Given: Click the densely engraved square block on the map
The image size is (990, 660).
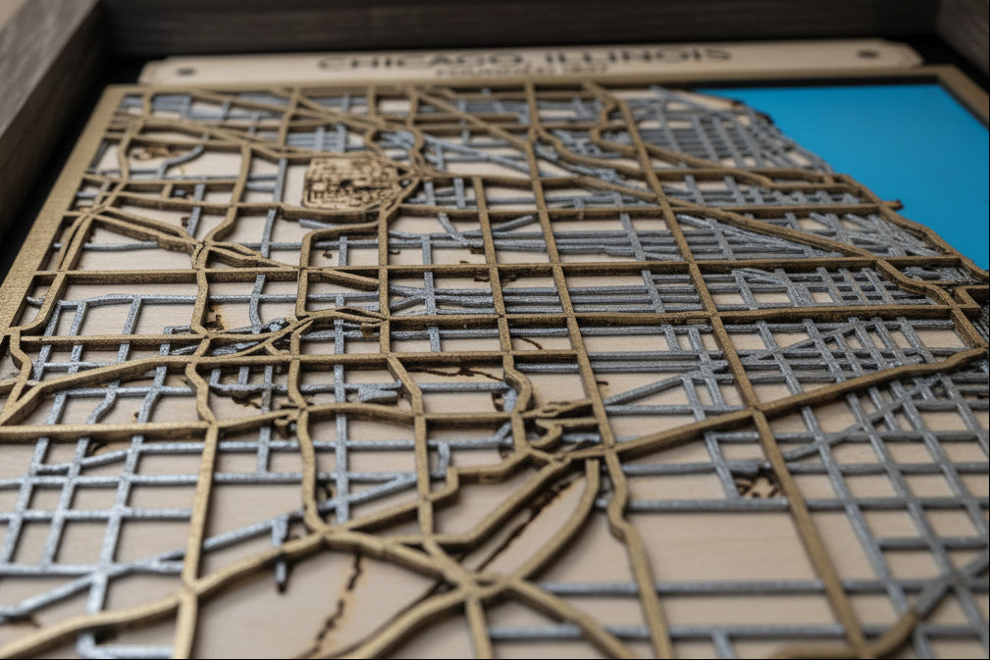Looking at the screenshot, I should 348,182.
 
